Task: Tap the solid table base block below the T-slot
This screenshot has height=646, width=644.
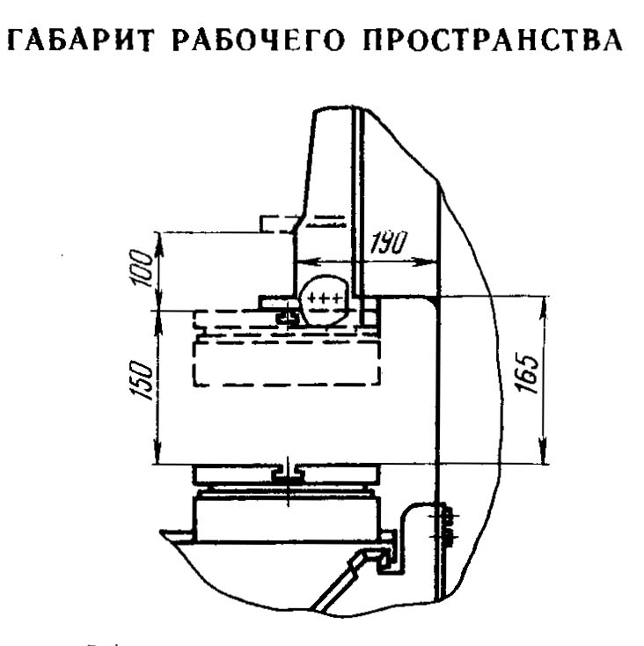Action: [286, 519]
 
